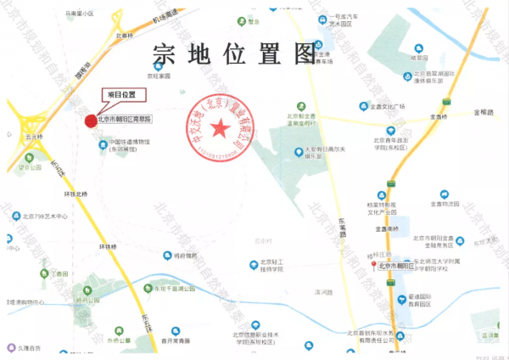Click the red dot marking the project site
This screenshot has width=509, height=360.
tap(91, 120)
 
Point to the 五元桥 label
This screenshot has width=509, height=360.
tap(32, 136)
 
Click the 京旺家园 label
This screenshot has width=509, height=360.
tap(159, 76)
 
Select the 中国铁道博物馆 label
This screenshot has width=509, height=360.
tap(129, 143)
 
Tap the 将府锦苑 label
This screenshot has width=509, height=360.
tap(184, 255)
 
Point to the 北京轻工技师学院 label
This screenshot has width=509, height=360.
tap(274, 266)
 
